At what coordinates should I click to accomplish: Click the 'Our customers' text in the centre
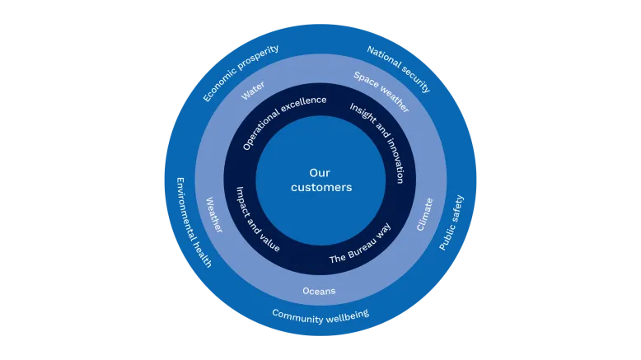pyautogui.click(x=320, y=180)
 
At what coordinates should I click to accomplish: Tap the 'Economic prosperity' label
pyautogui.click(x=241, y=73)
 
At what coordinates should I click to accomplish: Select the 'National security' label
pyautogui.click(x=399, y=69)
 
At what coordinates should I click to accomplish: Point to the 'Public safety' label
pyautogui.click(x=452, y=222)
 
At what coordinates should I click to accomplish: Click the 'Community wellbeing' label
pyautogui.click(x=320, y=315)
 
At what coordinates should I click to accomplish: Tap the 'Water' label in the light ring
pyautogui.click(x=253, y=91)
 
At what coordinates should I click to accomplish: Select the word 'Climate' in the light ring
pyautogui.click(x=425, y=214)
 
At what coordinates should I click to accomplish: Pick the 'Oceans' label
pyautogui.click(x=319, y=291)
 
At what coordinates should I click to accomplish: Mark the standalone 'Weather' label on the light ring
pyautogui.click(x=213, y=214)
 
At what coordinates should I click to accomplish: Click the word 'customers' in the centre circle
pyautogui.click(x=320, y=188)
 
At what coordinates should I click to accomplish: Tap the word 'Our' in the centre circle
pyautogui.click(x=320, y=173)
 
